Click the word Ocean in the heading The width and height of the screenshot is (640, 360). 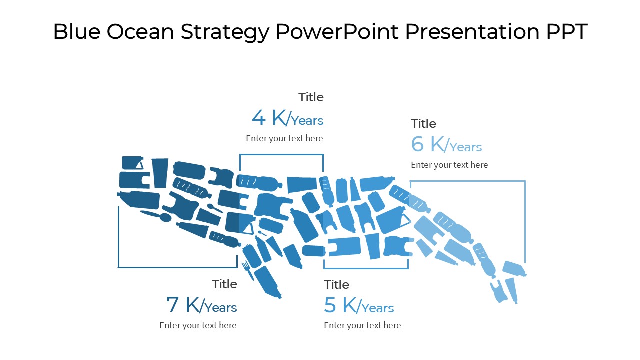tap(140, 32)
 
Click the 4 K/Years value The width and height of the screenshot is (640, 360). tap(287, 118)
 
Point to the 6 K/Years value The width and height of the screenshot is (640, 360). tap(446, 145)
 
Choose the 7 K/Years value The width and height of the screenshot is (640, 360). tap(201, 305)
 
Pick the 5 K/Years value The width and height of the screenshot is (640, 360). tap(359, 305)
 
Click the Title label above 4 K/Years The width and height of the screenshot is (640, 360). tap(311, 97)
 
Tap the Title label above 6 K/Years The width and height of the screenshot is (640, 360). tap(423, 124)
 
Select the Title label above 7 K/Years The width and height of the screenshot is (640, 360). tap(224, 284)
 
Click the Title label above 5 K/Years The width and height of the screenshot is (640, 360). tap(336, 285)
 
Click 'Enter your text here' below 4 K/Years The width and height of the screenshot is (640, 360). tap(284, 138)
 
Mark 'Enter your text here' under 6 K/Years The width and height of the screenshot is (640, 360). tap(449, 165)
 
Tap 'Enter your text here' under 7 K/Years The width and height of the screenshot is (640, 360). tap(198, 325)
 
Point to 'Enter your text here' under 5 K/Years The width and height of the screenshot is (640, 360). tap(362, 325)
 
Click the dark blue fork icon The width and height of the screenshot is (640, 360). tap(247, 269)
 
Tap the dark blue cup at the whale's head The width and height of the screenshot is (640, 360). tap(160, 172)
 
